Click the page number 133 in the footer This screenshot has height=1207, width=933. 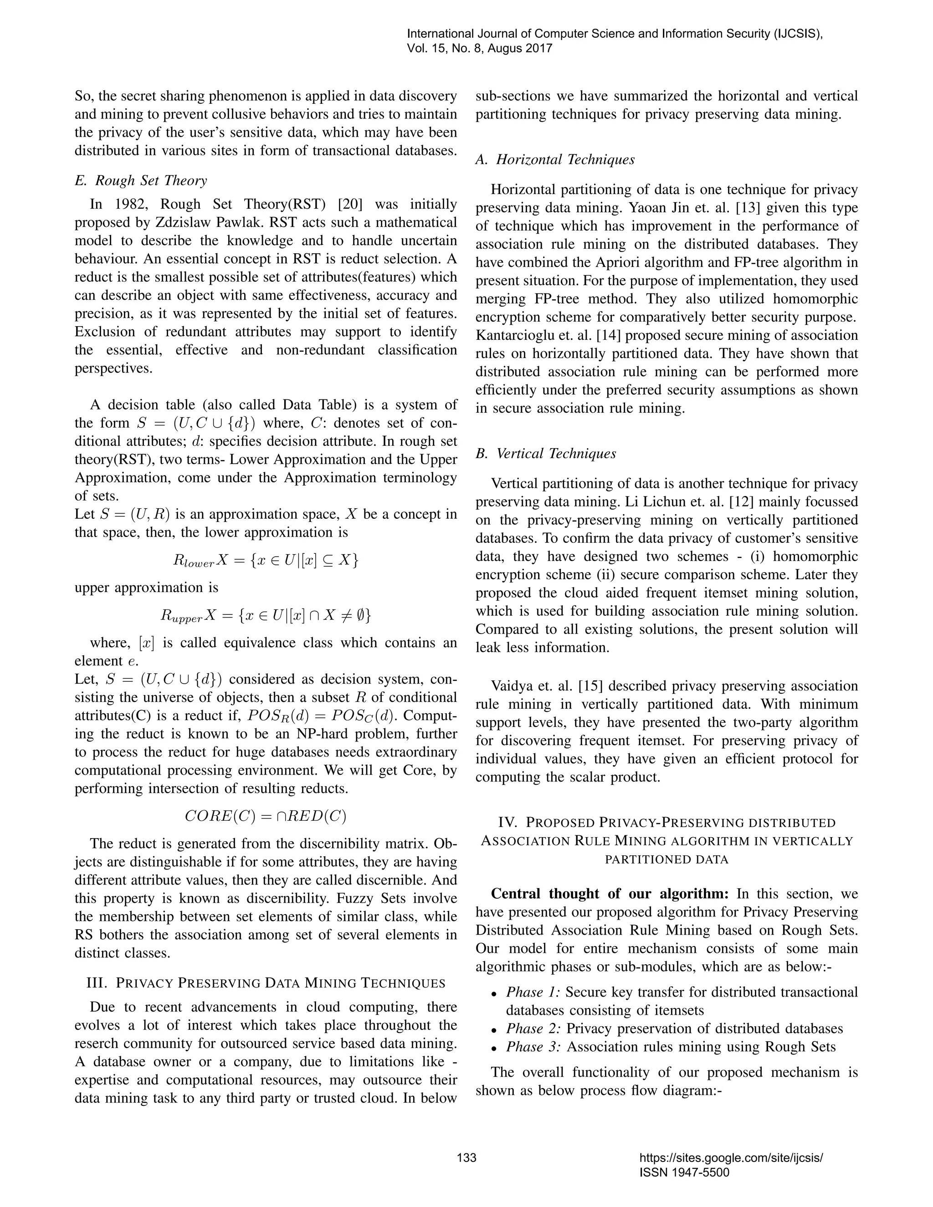tap(466, 1158)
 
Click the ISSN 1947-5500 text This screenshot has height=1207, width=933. tap(684, 1172)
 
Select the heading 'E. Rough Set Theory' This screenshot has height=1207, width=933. tap(141, 180)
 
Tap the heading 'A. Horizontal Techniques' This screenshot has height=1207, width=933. tap(555, 160)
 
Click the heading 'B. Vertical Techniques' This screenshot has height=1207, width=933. tap(545, 453)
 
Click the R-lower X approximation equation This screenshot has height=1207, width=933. tap(265, 560)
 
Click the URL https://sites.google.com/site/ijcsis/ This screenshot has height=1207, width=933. tap(731, 1158)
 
